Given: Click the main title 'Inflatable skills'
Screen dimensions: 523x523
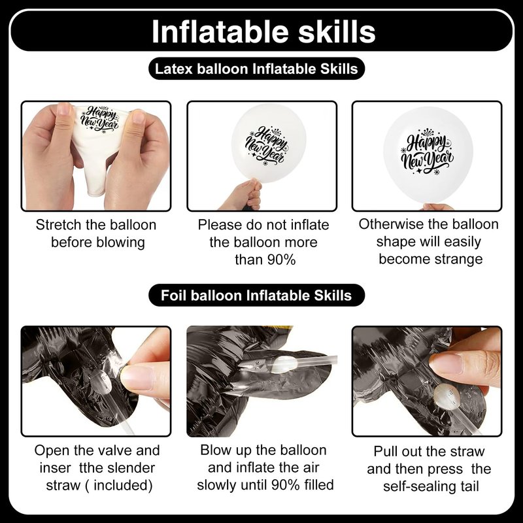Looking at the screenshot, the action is (x=263, y=31).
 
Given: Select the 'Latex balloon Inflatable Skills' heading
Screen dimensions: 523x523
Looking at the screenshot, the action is (x=256, y=69).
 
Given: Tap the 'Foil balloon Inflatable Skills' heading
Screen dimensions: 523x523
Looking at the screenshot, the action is (x=256, y=295).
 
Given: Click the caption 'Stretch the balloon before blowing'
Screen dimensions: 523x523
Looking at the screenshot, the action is (x=96, y=233).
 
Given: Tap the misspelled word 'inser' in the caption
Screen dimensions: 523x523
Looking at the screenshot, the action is (x=55, y=467).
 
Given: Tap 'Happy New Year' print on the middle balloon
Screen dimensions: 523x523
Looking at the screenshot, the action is (x=267, y=146).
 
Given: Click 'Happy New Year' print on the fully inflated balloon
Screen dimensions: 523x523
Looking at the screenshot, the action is (x=427, y=152).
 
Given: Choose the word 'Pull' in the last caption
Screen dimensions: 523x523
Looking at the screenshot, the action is (x=385, y=451).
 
